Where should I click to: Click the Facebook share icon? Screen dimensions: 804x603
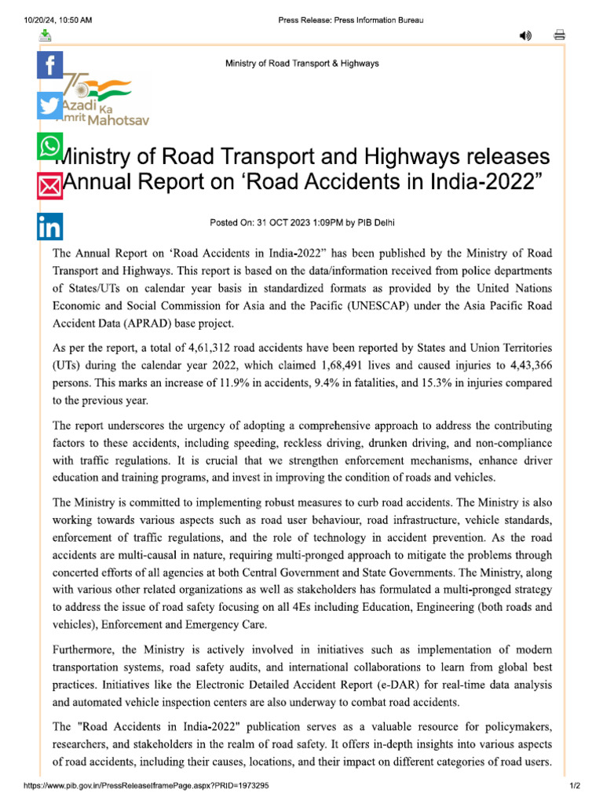49,65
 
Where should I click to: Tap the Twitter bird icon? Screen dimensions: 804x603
49,106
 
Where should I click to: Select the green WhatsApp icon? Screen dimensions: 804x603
49,146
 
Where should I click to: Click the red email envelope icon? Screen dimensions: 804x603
49,186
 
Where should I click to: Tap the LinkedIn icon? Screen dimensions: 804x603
49,227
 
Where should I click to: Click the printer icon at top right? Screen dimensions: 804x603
560,35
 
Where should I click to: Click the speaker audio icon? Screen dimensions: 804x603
525,35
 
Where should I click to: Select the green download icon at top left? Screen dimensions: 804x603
46,35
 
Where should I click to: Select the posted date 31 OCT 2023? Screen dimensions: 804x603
278,222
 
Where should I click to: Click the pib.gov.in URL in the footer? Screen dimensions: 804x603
146,785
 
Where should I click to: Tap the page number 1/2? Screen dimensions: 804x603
574,785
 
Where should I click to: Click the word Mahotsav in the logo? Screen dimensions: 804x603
119,121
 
